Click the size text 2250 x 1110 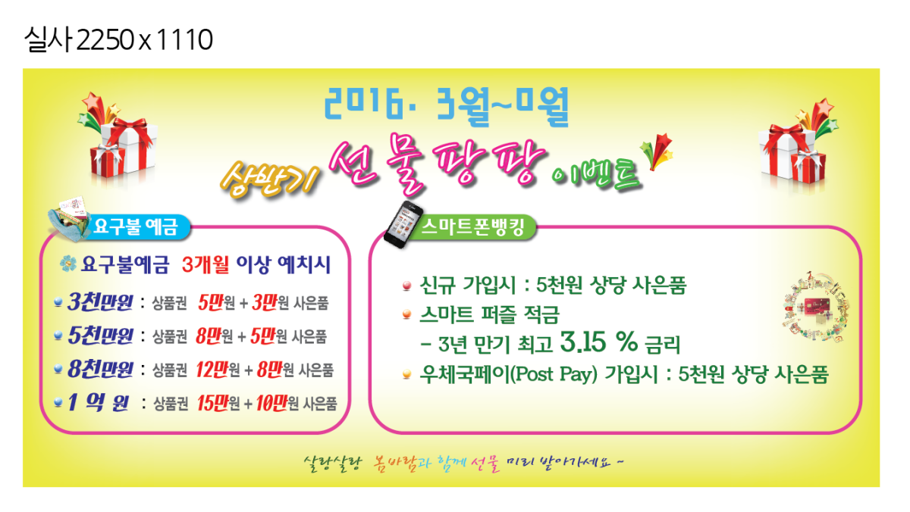coord(144,39)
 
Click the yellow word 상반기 coord(269,179)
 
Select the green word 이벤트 coord(596,175)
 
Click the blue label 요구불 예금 coord(136,226)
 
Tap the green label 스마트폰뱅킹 coord(472,226)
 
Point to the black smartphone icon coord(403,224)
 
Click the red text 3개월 coord(206,264)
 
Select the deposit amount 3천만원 coord(100,302)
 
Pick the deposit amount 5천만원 coord(100,336)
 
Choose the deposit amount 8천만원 coord(100,369)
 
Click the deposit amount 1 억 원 coord(99,402)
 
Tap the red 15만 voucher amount coord(212,403)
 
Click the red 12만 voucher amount coord(212,370)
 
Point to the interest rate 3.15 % coord(598,342)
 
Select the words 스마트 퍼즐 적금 coord(489,315)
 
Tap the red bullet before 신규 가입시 coord(406,286)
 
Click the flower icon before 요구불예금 coord(67,264)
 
